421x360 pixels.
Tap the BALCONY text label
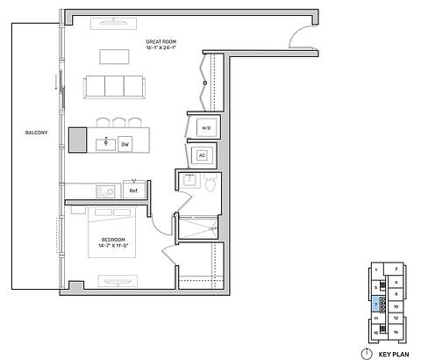36,133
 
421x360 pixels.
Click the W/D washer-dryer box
206,127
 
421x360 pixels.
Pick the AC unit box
203,156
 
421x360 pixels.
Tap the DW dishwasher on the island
125,143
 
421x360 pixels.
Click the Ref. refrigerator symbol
133,190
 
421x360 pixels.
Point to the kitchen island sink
106,142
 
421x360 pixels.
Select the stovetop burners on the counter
105,191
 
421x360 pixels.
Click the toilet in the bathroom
210,183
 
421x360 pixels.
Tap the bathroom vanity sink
189,184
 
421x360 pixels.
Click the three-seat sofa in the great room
114,86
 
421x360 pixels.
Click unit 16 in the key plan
396,332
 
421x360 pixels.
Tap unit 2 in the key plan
396,269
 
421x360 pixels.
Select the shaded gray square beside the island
78,140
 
